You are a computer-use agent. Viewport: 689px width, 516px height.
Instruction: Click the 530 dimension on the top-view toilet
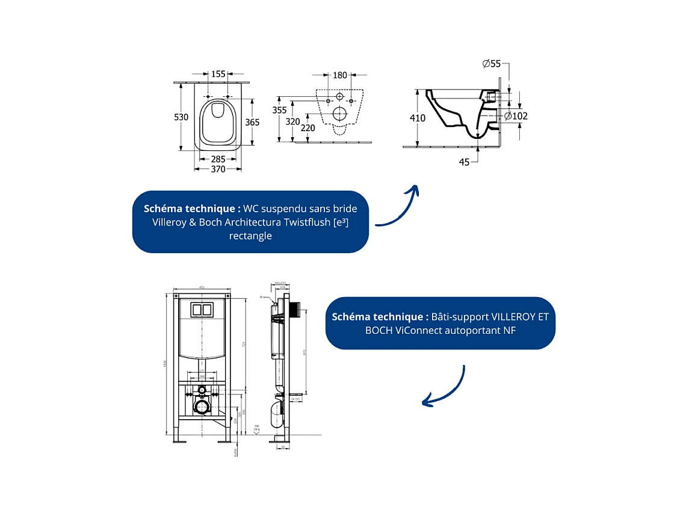tap(181, 117)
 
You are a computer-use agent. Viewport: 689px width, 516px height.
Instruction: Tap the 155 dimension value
tap(218, 74)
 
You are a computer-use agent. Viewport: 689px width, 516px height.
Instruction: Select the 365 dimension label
tap(252, 122)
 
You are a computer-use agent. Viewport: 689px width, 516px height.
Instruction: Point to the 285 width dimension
tap(218, 159)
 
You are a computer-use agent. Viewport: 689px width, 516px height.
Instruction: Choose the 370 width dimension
tap(218, 170)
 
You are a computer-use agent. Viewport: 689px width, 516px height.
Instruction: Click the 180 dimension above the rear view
tap(340, 75)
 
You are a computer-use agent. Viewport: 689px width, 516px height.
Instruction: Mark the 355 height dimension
tap(279, 110)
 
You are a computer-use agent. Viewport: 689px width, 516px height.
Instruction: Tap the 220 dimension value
tap(308, 127)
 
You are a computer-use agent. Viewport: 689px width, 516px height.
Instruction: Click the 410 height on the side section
tap(418, 118)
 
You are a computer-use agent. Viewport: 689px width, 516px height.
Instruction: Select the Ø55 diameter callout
tap(491, 64)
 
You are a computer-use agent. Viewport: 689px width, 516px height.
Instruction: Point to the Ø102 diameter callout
tap(516, 115)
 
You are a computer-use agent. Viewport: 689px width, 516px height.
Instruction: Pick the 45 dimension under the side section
tap(464, 162)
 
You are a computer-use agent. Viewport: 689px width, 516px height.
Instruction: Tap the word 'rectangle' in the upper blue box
tap(250, 235)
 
